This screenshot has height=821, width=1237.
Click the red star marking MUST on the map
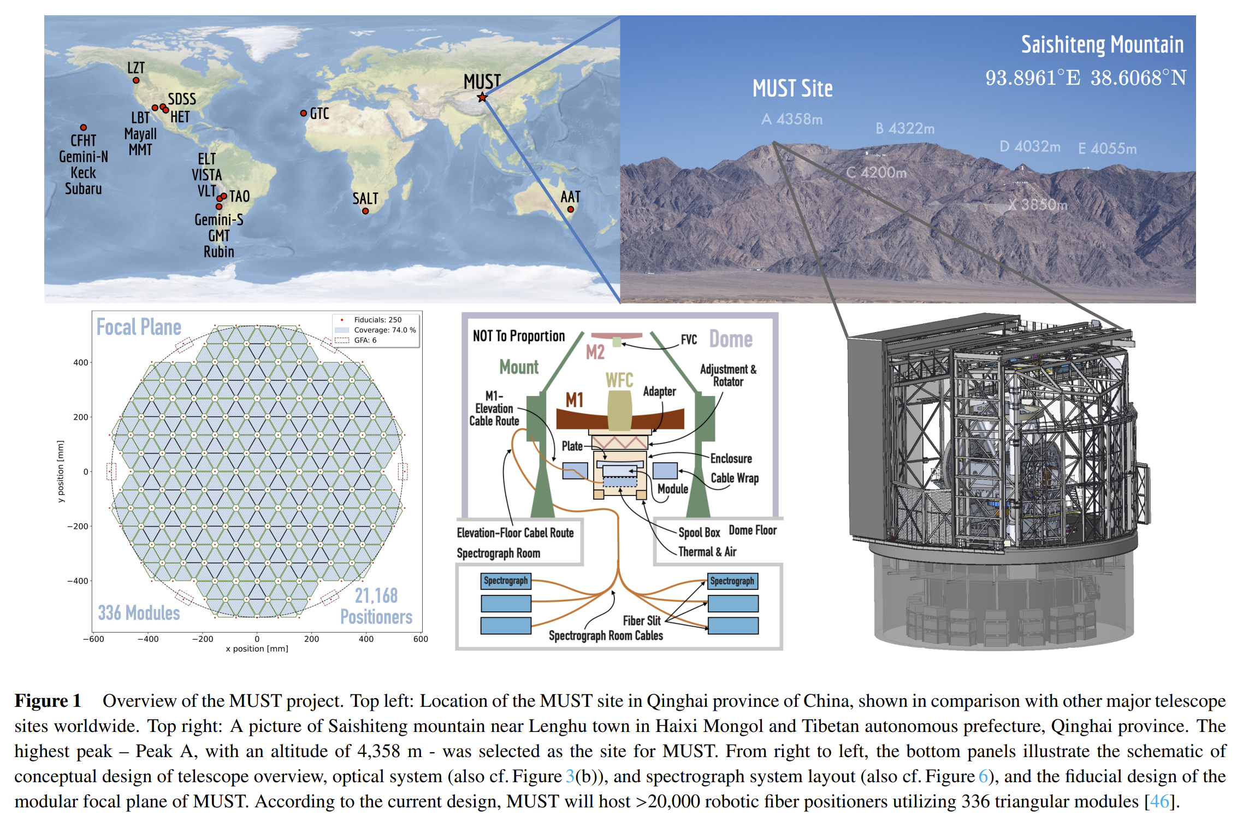482,97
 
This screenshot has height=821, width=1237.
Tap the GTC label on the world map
319,114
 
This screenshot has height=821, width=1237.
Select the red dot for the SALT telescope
365,211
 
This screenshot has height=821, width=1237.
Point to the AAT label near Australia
571,197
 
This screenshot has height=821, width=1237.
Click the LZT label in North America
136,68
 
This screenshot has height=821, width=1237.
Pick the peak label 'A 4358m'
792,119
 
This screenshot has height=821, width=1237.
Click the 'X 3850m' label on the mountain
1038,205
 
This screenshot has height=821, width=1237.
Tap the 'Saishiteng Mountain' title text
1102,45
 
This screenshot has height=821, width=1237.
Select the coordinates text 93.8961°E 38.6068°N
1086,78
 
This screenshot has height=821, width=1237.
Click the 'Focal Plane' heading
139,327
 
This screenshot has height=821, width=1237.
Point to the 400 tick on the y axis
81,362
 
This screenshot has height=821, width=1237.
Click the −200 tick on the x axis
203,639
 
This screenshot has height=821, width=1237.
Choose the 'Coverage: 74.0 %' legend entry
384,330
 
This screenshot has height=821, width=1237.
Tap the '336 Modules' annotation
139,613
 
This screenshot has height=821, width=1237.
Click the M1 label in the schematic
575,400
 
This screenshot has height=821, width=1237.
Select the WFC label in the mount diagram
619,380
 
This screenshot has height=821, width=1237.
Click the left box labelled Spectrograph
506,581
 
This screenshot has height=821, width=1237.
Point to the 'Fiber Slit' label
642,621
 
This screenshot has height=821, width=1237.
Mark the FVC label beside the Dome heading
689,340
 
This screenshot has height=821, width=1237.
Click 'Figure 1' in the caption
48,701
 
